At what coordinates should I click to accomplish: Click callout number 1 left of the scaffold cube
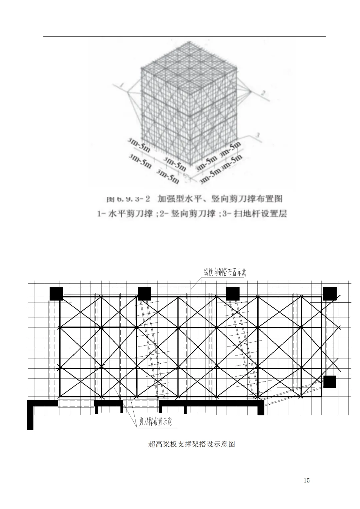click(123, 85)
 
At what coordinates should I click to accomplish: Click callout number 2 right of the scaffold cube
click(263, 93)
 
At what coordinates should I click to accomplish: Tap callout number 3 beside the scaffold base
click(257, 135)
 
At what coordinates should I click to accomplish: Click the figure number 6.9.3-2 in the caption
click(128, 199)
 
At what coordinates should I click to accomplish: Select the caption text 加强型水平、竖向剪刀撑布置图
click(220, 199)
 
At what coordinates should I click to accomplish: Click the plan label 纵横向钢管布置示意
click(225, 272)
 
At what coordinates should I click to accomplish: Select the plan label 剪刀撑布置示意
click(156, 422)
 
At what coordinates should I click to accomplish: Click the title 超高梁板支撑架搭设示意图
click(191, 444)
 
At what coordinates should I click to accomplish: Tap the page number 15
click(307, 480)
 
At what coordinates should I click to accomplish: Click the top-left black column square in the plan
click(56, 293)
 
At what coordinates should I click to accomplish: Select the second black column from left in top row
click(144, 294)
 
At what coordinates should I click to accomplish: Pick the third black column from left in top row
click(233, 294)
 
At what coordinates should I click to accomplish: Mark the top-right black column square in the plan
click(330, 294)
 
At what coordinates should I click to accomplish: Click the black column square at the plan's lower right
click(329, 382)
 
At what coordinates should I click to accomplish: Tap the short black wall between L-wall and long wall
click(108, 403)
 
